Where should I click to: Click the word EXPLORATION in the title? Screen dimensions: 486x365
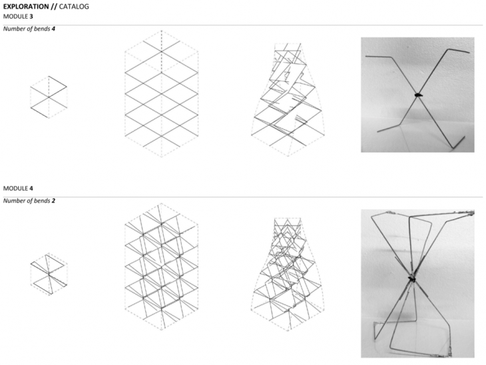(26, 7)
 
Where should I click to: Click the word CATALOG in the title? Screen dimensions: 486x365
(74, 7)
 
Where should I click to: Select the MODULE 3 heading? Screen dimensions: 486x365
(18, 17)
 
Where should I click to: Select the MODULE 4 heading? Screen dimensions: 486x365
(18, 188)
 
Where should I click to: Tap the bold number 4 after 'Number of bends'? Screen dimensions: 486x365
(54, 29)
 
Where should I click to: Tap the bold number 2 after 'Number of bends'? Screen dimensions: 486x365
(54, 200)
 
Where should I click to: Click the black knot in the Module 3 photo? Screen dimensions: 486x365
(417, 95)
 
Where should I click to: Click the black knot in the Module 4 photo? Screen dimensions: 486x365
(411, 279)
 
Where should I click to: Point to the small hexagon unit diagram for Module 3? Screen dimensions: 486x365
(49, 97)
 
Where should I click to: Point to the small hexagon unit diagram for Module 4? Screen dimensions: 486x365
(49, 274)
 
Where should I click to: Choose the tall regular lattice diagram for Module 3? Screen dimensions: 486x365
(162, 94)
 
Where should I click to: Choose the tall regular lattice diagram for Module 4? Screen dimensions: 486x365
(162, 266)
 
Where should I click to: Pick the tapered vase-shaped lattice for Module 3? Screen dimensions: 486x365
(288, 99)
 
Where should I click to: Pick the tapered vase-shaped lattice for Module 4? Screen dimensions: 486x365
(288, 274)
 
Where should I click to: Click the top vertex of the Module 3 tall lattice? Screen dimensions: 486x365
(162, 31)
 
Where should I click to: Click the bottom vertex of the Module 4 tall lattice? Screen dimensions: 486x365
(162, 330)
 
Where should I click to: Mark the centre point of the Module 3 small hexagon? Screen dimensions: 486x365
(49, 97)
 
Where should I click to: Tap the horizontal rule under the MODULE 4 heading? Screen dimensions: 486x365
(243, 196)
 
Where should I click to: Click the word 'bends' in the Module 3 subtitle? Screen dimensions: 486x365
(42, 29)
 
